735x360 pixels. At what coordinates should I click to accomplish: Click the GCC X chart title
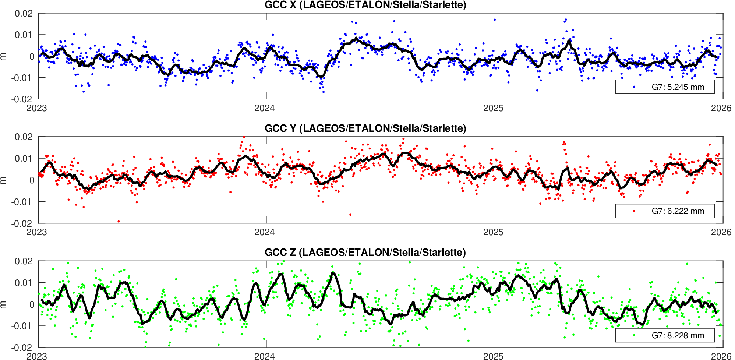click(365, 5)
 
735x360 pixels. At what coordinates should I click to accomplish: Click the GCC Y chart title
click(365, 128)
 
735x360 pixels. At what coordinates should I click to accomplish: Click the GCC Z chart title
click(365, 253)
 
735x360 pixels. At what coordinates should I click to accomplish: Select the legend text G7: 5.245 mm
click(678, 87)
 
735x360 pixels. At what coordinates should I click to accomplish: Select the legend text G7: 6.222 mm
click(678, 211)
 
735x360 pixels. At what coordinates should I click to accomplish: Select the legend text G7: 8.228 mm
click(678, 336)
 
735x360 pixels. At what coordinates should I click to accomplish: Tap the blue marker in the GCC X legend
click(634, 87)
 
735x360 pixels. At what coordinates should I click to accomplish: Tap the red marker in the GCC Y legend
click(634, 211)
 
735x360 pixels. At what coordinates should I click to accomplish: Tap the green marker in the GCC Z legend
click(634, 335)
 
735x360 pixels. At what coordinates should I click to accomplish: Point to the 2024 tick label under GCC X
click(265, 108)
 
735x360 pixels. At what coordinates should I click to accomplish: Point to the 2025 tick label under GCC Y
click(493, 232)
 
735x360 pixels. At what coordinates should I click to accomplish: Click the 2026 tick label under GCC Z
click(721, 356)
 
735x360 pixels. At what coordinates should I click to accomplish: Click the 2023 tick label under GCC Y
click(37, 232)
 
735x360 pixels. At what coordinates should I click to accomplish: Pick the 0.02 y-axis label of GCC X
click(24, 14)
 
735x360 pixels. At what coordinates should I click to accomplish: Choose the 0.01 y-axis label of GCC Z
click(24, 283)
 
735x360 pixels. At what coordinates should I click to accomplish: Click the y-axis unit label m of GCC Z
click(3, 304)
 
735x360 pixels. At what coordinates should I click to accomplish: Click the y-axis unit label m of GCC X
click(3, 56)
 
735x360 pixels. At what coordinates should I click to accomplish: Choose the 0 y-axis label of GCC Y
click(32, 180)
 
